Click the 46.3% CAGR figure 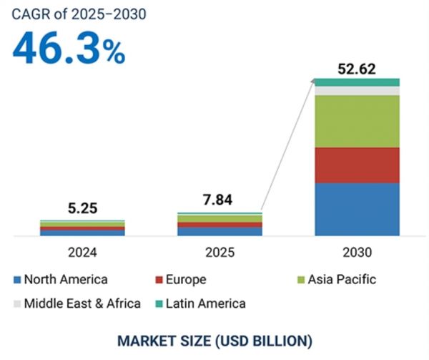[x=68, y=49]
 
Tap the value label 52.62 [x=357, y=69]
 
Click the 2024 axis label [x=82, y=252]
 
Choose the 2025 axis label [x=220, y=252]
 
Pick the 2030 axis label [x=357, y=252]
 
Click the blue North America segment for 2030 [x=357, y=209]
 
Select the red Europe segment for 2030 [x=357, y=165]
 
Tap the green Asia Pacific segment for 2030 [x=357, y=121]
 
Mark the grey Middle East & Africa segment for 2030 [x=357, y=91]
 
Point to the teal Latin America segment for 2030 [x=357, y=82]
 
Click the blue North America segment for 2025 [x=220, y=231]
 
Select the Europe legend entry [x=190, y=280]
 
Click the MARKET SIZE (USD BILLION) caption [x=214, y=339]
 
